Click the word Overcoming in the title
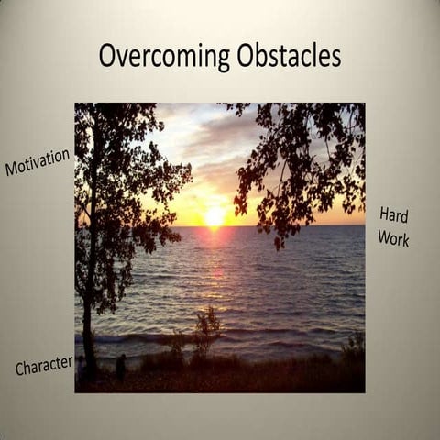pyautogui.click(x=164, y=56)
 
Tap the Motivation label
pyautogui.click(x=38, y=162)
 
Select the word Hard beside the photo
pyautogui.click(x=393, y=217)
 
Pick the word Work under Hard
pyautogui.click(x=393, y=238)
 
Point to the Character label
pyautogui.click(x=44, y=365)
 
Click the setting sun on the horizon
pyautogui.click(x=214, y=217)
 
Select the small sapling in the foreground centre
pyautogui.click(x=207, y=330)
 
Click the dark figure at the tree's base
pyautogui.click(x=121, y=367)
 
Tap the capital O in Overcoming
pyautogui.click(x=107, y=56)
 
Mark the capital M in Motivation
pyautogui.click(x=12, y=170)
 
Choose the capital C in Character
pyautogui.click(x=20, y=369)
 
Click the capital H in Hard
pyautogui.click(x=385, y=214)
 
